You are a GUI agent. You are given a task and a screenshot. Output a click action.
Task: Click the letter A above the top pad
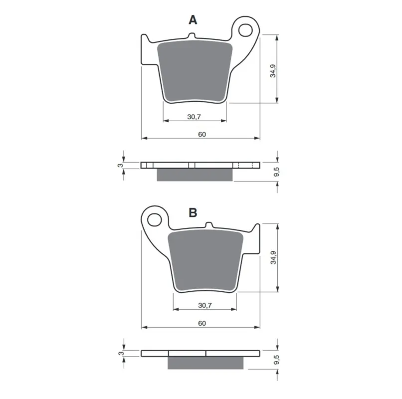(x=193, y=20)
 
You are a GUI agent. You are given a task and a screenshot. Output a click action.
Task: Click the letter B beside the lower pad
(x=193, y=212)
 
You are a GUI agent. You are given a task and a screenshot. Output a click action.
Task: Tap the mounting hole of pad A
(x=245, y=30)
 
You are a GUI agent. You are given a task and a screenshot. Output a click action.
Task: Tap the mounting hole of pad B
(x=155, y=220)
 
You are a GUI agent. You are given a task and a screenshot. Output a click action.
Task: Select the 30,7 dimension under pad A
(x=194, y=117)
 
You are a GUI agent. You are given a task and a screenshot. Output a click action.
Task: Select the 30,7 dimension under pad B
(x=205, y=305)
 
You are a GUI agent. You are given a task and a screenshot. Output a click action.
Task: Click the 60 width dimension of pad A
(x=202, y=134)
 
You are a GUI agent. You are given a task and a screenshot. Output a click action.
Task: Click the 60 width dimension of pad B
(x=202, y=323)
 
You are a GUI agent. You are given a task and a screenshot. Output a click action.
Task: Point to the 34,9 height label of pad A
(x=273, y=71)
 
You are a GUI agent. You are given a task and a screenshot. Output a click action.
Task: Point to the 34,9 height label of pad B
(x=273, y=257)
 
